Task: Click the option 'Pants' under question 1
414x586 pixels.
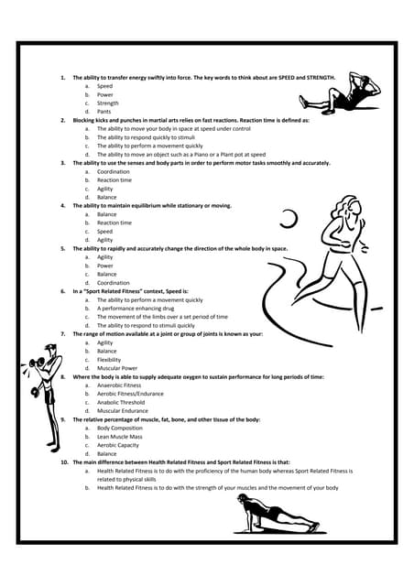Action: (105, 112)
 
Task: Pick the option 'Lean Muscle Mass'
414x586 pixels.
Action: (120, 437)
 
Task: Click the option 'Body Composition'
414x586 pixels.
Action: (119, 428)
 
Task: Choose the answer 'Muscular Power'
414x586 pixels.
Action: (118, 368)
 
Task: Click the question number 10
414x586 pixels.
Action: (64, 462)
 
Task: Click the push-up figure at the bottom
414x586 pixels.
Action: (275, 517)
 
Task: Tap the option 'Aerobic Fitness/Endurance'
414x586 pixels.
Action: (130, 394)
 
